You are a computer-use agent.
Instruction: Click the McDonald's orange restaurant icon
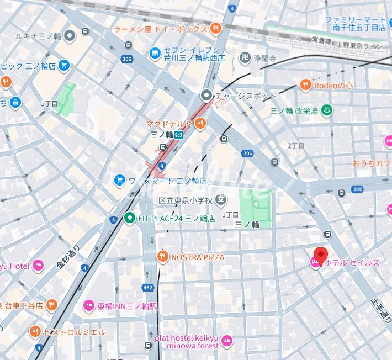200,124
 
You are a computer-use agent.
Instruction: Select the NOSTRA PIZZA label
198,257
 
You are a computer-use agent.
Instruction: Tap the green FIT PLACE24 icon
129,218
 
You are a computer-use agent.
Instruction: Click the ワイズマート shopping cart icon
119,181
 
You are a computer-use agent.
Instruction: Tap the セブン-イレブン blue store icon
155,52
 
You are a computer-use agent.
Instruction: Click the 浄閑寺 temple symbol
243,57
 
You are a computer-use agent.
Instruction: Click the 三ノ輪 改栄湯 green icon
327,110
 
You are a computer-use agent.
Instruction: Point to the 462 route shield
148,288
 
